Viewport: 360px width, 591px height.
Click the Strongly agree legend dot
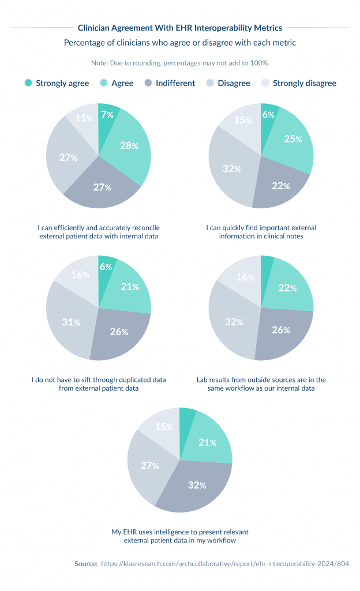28,83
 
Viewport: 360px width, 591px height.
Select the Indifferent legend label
175,83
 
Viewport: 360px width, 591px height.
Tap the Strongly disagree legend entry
304,83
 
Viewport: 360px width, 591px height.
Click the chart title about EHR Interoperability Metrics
179,27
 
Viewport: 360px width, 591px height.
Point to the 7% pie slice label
107,114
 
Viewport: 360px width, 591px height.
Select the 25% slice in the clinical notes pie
292,139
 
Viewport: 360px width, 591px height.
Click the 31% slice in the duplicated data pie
71,321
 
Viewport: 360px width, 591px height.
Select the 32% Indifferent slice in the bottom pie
197,485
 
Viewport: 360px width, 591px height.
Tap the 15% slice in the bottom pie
163,427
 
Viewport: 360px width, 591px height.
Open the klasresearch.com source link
225,564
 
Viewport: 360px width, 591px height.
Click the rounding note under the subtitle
180,62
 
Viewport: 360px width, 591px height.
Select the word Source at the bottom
86,564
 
